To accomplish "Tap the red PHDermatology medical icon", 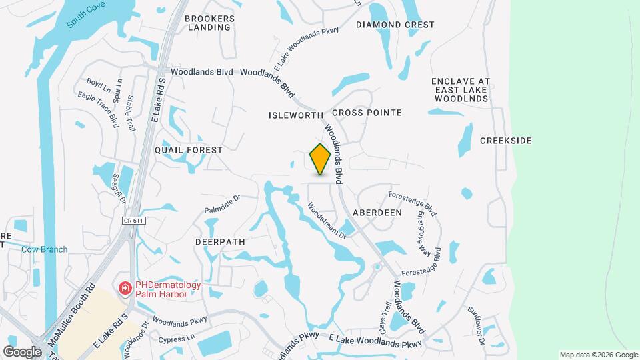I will (x=125, y=288).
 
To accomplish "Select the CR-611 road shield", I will (x=134, y=219).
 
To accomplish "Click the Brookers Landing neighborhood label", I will (x=209, y=23).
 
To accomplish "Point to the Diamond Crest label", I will (x=395, y=25).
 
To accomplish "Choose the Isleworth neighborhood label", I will (x=295, y=115).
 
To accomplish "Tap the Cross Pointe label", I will (x=367, y=113).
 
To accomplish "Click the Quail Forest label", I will (x=189, y=150).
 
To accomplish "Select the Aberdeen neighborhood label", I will (x=377, y=212).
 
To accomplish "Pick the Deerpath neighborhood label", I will (x=220, y=241).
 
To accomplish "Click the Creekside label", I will (x=506, y=141).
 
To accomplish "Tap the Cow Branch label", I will (x=45, y=249).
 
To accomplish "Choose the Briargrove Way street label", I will (x=423, y=234).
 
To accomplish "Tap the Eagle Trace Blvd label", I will (x=98, y=110).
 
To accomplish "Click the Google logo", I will (x=22, y=351).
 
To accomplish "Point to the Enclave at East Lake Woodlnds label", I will (x=461, y=90).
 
